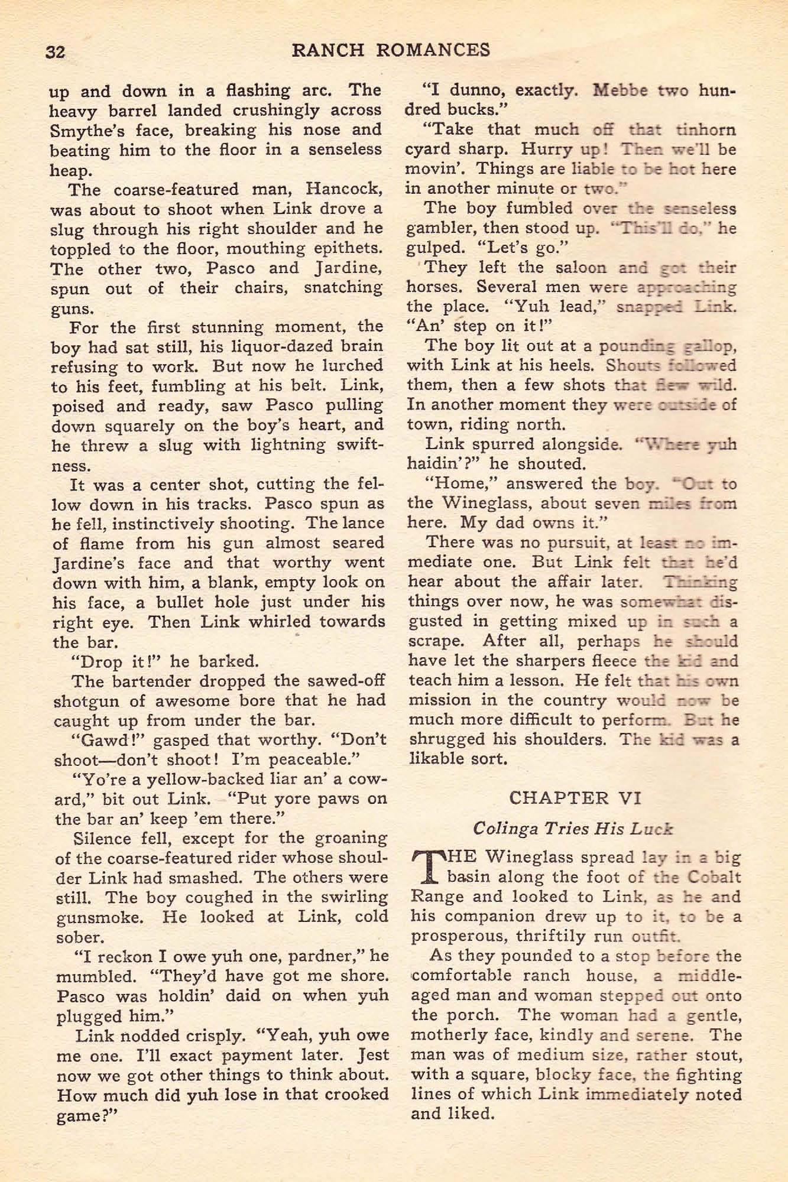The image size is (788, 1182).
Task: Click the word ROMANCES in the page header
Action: coord(433,50)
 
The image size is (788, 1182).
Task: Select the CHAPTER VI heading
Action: coord(575,798)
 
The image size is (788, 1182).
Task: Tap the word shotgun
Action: coord(79,701)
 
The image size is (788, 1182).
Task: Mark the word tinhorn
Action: coord(706,130)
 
